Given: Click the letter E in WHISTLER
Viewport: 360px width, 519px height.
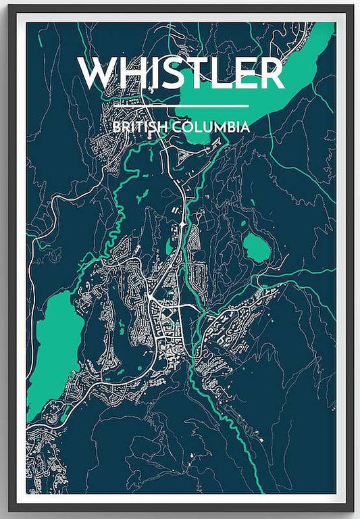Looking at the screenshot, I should (x=247, y=73).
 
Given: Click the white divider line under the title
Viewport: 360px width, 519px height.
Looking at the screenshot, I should (x=181, y=105).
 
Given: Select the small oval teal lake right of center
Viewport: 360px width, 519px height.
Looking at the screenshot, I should (x=257, y=247).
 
